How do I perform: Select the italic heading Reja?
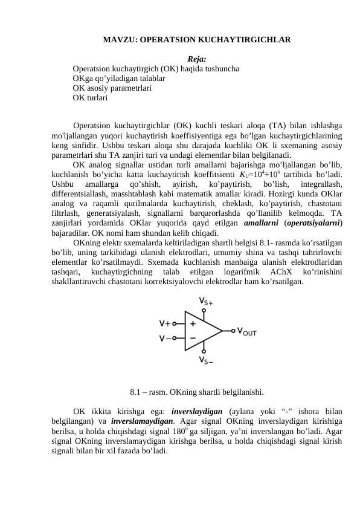click(x=197, y=59)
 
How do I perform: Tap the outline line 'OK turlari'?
click(x=90, y=97)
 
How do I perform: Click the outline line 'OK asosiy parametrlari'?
click(x=112, y=87)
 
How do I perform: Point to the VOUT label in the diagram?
click(x=247, y=331)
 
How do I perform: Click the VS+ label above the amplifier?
click(x=205, y=301)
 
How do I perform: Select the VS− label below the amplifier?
click(x=205, y=361)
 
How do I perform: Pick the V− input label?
click(x=164, y=339)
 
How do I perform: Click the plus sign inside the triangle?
click(x=193, y=323)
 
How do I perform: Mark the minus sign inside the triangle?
click(x=193, y=338)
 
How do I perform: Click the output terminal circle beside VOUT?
click(x=233, y=331)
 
